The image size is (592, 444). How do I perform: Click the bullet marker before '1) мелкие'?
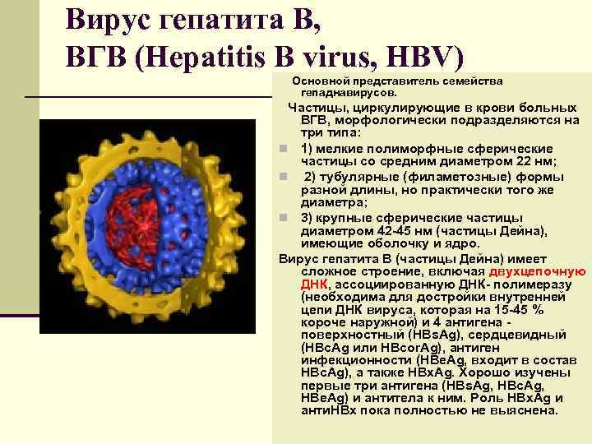(283, 149)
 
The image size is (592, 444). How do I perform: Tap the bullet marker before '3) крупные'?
(283, 218)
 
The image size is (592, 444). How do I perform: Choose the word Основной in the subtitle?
(321, 81)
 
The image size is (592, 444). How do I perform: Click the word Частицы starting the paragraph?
(317, 107)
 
